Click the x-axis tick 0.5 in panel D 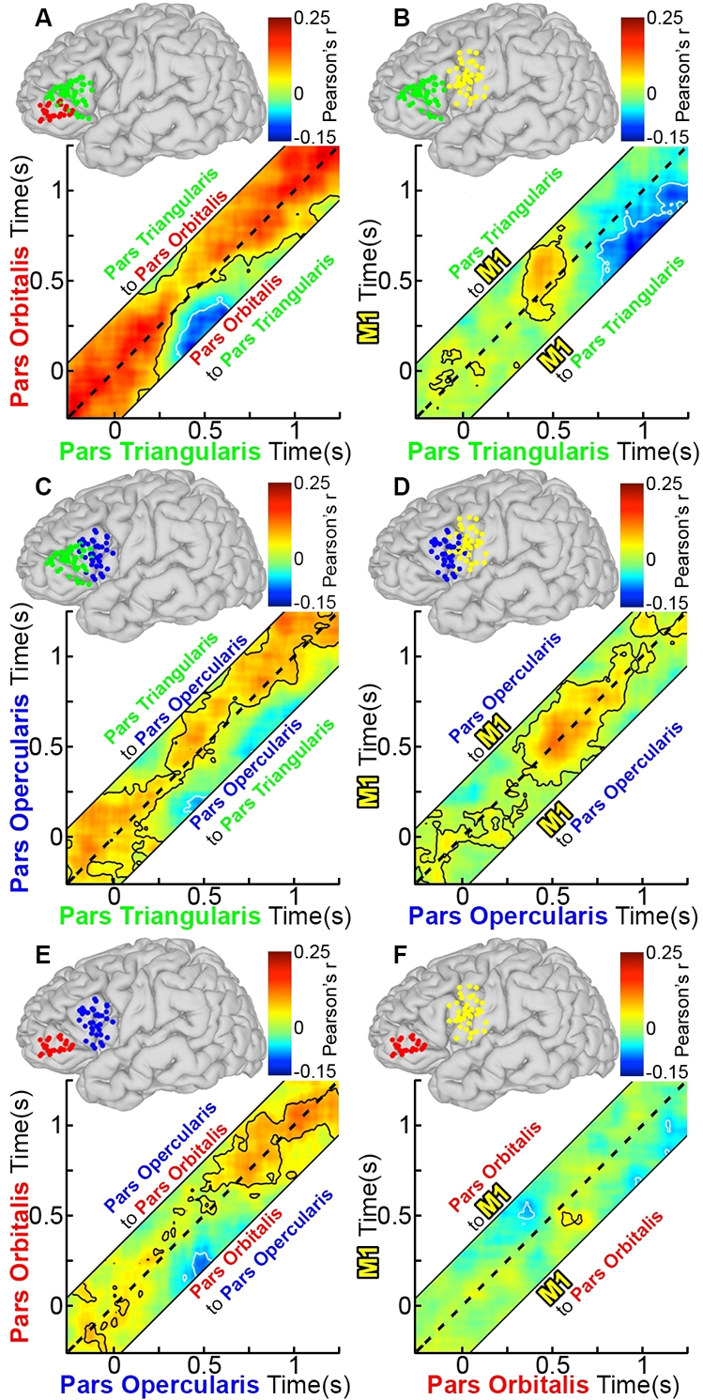[x=552, y=892]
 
